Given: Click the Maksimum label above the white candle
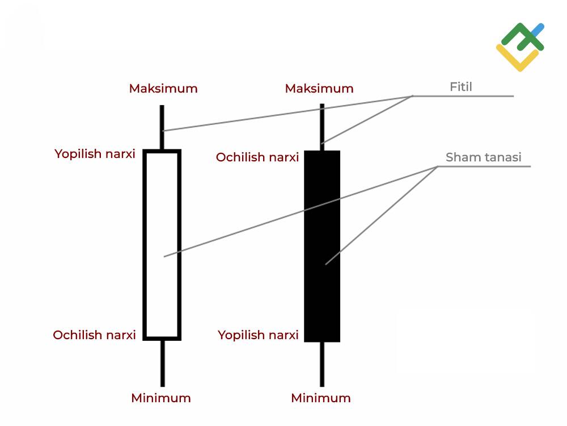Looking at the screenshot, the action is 163,89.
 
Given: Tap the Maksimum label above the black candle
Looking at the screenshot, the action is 319,89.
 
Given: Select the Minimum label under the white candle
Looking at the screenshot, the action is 161,398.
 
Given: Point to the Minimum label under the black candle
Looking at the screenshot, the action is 321,398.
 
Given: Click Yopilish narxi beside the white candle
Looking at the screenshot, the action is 95,154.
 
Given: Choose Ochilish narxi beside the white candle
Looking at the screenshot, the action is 94,335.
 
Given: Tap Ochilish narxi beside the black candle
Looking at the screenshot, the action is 257,157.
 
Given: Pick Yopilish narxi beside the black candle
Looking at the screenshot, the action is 258,335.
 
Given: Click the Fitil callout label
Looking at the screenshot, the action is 460,87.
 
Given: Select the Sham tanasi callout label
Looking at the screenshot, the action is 483,157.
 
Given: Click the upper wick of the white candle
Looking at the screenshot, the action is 162,127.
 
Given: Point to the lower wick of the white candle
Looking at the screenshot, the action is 163,364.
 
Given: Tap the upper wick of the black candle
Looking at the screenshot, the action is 322,127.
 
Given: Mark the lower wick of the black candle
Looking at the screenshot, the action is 322,364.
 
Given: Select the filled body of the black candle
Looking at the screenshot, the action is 322,247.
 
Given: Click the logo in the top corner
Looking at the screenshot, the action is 521,47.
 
